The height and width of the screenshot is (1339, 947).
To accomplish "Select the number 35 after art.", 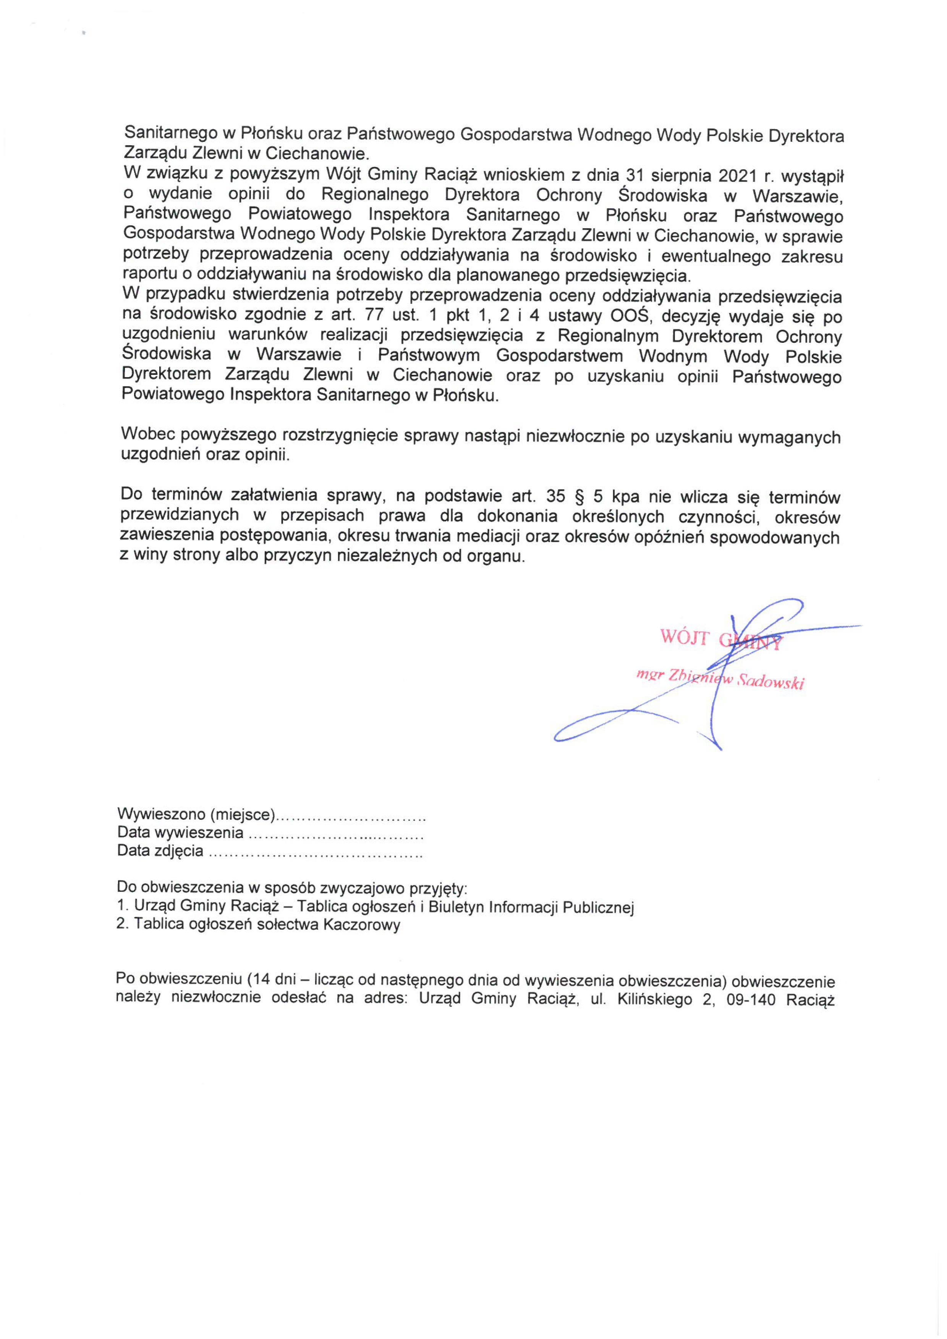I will tap(556, 496).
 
